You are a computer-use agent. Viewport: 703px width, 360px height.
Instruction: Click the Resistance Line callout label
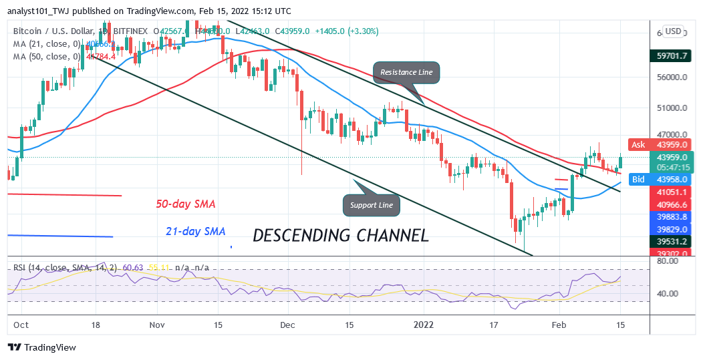pyautogui.click(x=406, y=72)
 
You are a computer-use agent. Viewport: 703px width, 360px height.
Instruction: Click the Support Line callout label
pyautogui.click(x=372, y=204)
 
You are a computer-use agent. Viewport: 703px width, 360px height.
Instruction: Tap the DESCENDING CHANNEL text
pyautogui.click(x=340, y=235)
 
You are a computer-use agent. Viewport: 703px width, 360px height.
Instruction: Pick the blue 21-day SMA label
pyautogui.click(x=195, y=231)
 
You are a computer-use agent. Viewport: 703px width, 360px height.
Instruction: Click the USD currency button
pyautogui.click(x=672, y=31)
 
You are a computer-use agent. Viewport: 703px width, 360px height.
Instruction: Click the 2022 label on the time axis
pyautogui.click(x=424, y=325)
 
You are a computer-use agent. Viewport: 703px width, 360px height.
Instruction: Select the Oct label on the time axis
pyautogui.click(x=21, y=325)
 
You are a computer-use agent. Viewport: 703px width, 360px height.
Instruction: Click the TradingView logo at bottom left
pyautogui.click(x=41, y=347)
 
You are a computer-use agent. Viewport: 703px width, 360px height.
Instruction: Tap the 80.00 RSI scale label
pyautogui.click(x=668, y=262)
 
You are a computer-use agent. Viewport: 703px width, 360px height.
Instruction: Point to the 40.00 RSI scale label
pyautogui.click(x=668, y=293)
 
